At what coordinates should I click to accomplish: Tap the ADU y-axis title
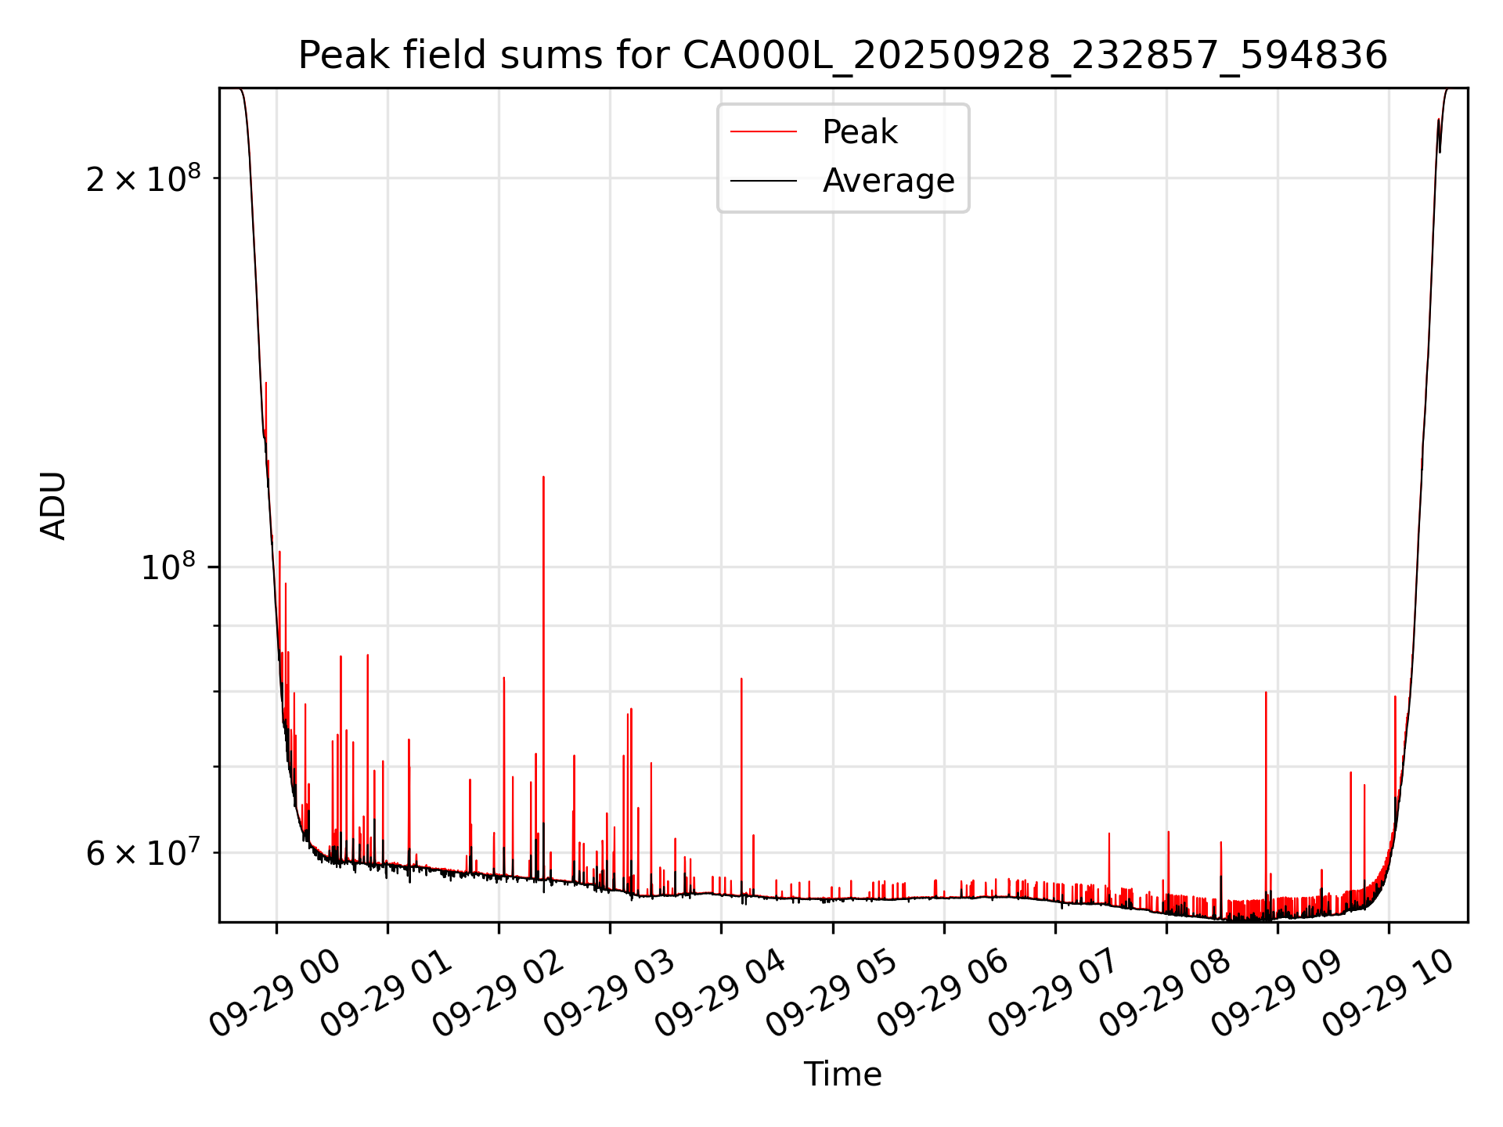(53, 506)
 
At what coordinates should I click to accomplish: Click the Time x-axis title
(842, 1075)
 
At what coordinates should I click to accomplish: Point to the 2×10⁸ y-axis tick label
(142, 179)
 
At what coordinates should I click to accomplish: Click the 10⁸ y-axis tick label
(168, 567)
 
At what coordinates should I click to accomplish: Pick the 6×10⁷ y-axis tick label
(142, 853)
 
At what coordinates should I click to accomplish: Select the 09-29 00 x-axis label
(275, 994)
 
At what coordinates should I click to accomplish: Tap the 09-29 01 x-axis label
(386, 994)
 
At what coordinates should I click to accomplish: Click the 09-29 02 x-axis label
(497, 994)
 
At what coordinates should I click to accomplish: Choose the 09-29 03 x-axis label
(608, 994)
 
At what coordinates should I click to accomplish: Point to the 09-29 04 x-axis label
(719, 994)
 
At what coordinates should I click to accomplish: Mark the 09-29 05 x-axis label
(831, 994)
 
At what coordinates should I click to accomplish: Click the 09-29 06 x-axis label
(942, 994)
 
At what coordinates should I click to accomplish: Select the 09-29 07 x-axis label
(1053, 994)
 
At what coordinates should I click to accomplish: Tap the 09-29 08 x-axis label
(1164, 994)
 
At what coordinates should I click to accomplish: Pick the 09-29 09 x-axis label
(1276, 994)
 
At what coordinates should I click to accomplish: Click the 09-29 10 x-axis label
(1387, 994)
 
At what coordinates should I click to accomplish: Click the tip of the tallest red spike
(543, 477)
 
